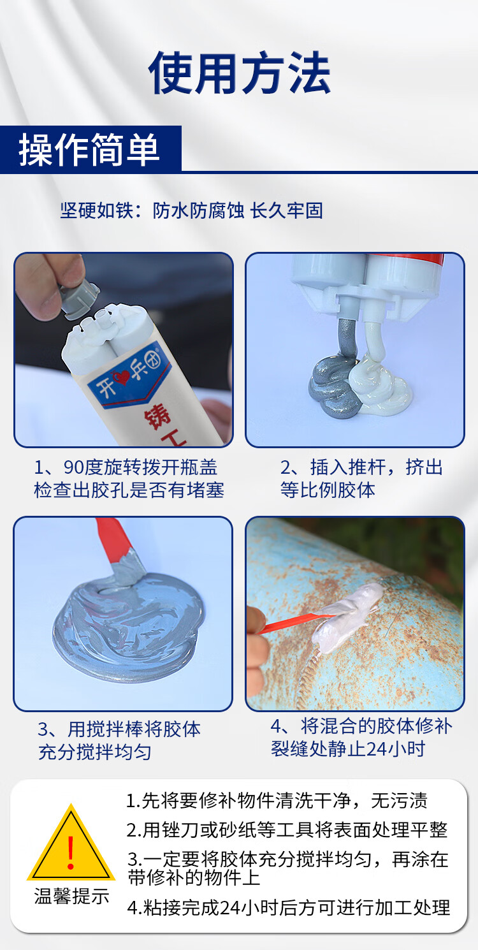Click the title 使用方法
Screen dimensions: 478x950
[240, 73]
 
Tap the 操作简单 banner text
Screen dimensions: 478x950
[89, 150]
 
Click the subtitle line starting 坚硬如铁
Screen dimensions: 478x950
[191, 210]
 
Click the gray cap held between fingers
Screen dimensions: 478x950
[79, 297]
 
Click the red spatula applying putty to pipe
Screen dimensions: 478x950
[294, 624]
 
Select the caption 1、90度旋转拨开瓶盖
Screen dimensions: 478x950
[126, 467]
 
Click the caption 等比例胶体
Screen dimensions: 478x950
[328, 490]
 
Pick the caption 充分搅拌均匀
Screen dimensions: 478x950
[95, 752]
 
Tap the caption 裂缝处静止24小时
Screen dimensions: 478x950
[348, 749]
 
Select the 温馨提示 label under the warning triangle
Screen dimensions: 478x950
[71, 896]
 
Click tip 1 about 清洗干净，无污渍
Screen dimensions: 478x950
[277, 801]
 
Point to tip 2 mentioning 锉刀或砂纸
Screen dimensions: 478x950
[287, 830]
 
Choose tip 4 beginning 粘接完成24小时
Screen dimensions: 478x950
[289, 907]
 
